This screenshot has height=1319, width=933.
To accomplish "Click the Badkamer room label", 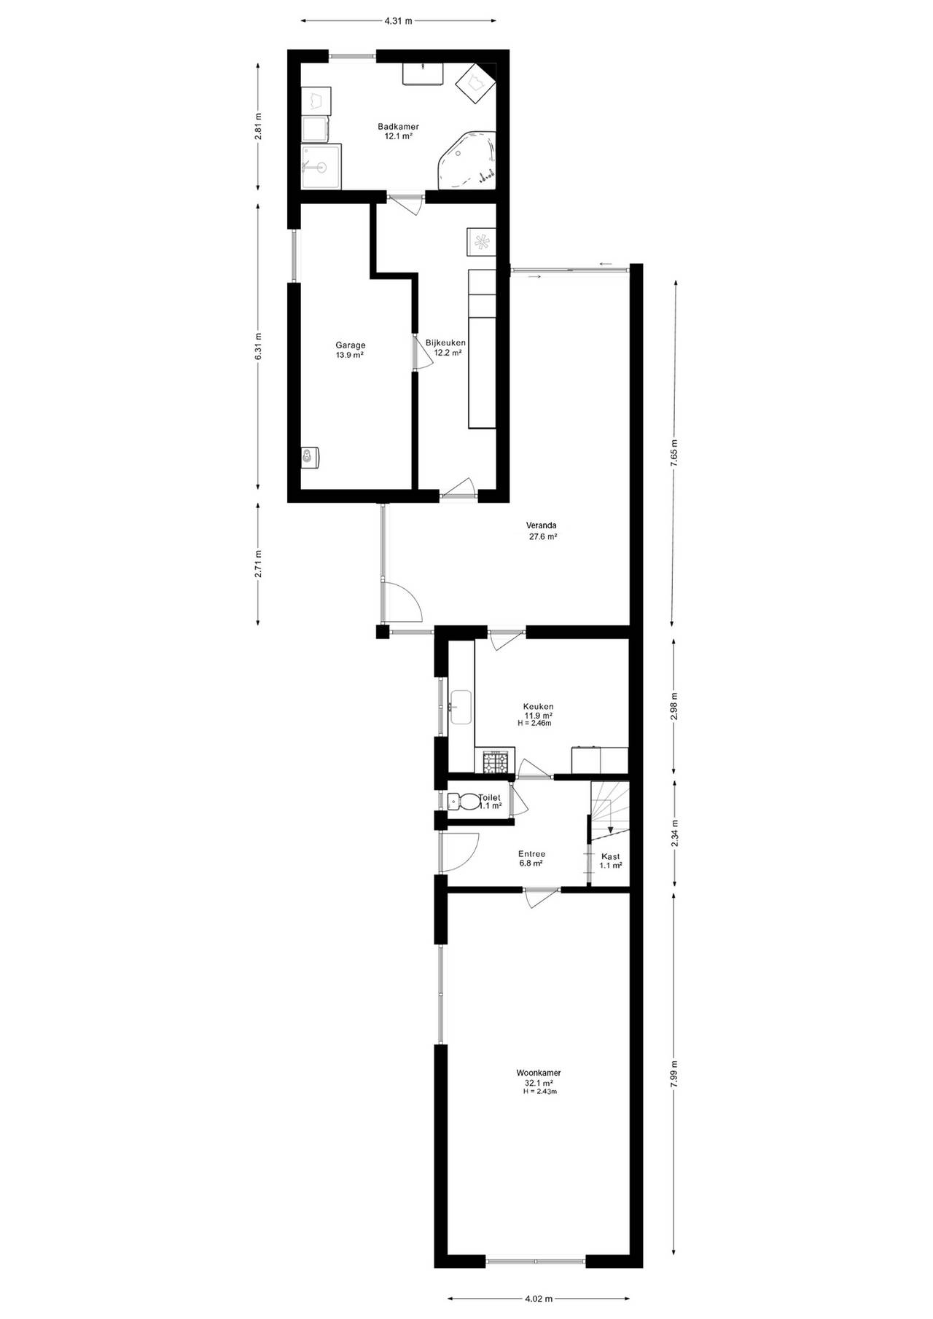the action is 398,127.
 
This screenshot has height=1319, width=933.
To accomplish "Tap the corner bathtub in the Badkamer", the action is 467,160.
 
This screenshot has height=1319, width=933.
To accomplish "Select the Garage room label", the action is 350,345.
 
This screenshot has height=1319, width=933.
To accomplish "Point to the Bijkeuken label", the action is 446,343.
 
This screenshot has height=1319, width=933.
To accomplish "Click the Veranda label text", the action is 542,525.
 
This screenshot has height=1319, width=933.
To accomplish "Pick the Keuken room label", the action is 538,706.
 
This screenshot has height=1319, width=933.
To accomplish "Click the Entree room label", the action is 531,854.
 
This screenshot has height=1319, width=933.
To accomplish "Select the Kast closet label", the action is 610,856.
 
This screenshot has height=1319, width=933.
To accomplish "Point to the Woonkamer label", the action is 539,1073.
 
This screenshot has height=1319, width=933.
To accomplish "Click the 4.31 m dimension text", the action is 398,21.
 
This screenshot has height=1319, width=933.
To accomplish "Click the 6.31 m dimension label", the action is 258,346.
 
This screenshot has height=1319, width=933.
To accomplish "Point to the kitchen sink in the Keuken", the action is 461,707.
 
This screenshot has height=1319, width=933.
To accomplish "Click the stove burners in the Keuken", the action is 494,762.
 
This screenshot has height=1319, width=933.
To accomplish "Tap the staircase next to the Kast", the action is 609,807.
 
